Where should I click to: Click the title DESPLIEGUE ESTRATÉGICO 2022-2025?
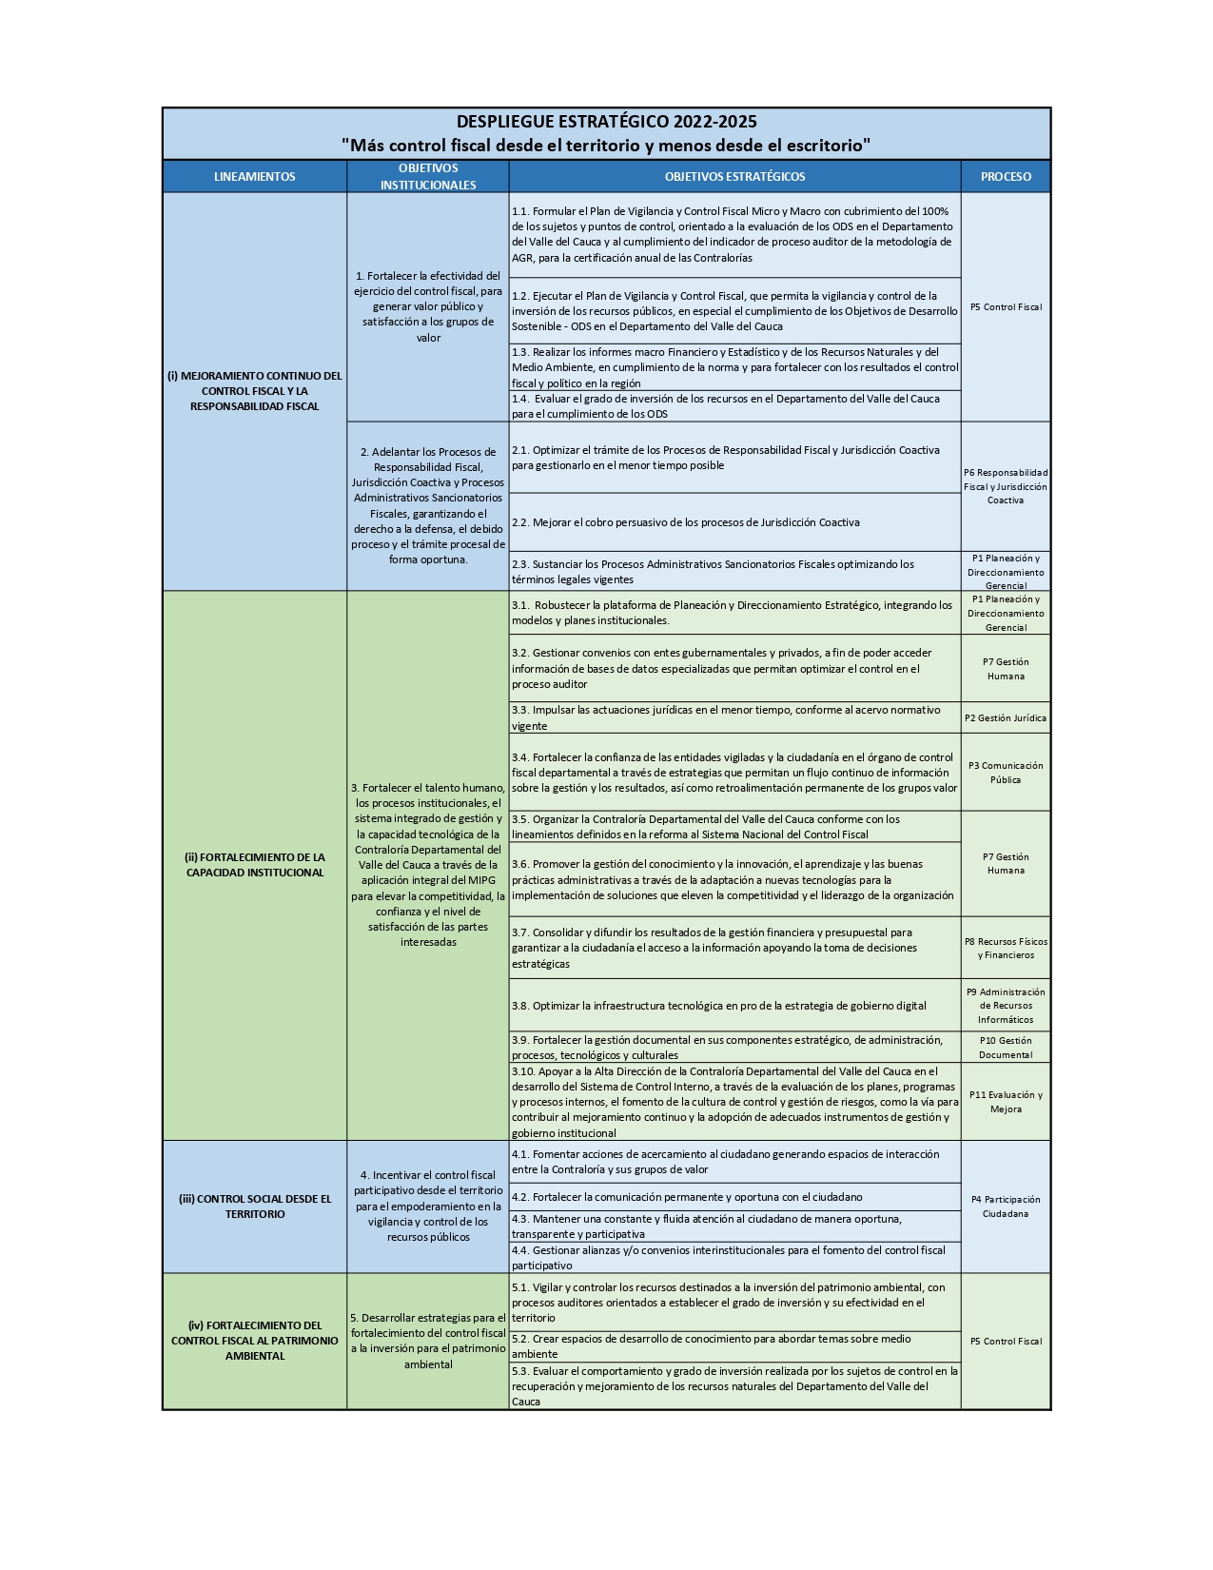pos(606,122)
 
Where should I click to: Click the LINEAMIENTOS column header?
pos(254,176)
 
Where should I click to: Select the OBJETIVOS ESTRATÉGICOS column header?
pos(734,176)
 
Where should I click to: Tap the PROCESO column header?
pos(1006,176)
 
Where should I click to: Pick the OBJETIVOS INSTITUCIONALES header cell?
pos(428,176)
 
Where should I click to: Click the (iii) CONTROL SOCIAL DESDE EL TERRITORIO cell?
pos(254,1207)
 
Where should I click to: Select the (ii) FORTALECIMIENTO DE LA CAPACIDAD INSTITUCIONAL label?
pos(254,865)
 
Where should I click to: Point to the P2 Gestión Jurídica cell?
pos(1006,718)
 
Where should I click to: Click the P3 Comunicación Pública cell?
pos(1006,773)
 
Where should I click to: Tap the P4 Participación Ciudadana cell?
pos(1006,1207)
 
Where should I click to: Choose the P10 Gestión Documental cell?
pos(1006,1048)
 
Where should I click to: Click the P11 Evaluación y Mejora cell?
pos(1006,1102)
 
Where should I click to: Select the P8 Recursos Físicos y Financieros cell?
pos(1006,948)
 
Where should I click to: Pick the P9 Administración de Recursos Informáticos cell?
pos(1006,1006)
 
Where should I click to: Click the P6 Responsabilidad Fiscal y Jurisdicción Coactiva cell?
pos(1006,486)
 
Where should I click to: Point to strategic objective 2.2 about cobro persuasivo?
pos(685,522)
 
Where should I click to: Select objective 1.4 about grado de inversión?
pos(725,406)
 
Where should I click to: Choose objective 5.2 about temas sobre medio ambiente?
pos(711,1346)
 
